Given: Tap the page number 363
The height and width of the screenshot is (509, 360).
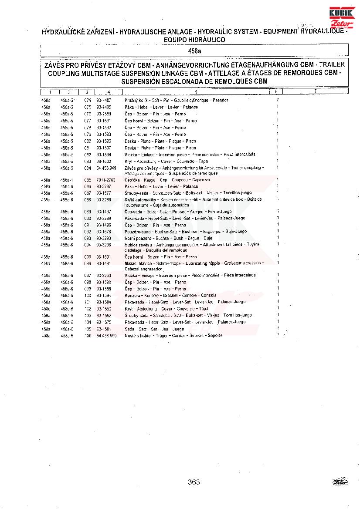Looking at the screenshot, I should (x=194, y=482).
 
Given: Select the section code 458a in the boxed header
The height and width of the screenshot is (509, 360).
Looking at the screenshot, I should (x=194, y=51).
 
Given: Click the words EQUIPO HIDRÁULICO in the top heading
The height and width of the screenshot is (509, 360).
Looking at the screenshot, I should (x=194, y=40).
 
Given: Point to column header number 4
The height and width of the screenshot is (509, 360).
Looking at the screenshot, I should (x=109, y=92).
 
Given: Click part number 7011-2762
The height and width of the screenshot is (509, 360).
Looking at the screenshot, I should (x=106, y=180).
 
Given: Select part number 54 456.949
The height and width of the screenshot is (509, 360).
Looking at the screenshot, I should (x=106, y=168).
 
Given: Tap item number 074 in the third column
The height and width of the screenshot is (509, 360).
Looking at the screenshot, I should (x=87, y=100).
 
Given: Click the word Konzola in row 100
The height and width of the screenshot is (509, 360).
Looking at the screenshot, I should (x=133, y=295).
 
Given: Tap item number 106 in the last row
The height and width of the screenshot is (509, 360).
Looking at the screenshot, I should (x=88, y=336).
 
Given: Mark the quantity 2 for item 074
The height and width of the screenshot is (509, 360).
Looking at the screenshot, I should (x=277, y=100).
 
